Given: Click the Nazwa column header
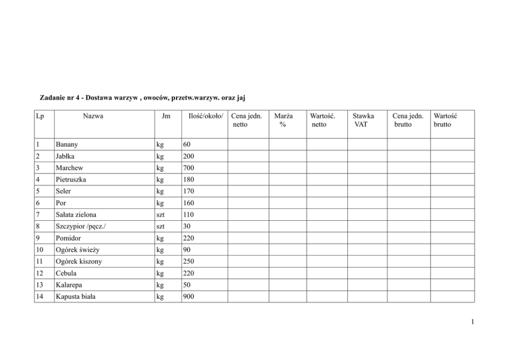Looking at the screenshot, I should (93, 116).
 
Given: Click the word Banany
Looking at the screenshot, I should (67, 145).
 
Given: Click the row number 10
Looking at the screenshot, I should (40, 250).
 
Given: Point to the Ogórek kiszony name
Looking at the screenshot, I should (79, 261).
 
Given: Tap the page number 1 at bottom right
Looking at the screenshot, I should (473, 323).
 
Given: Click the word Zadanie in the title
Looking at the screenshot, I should (54, 97).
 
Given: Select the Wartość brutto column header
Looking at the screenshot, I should (445, 120).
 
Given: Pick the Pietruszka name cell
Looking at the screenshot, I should (72, 180).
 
